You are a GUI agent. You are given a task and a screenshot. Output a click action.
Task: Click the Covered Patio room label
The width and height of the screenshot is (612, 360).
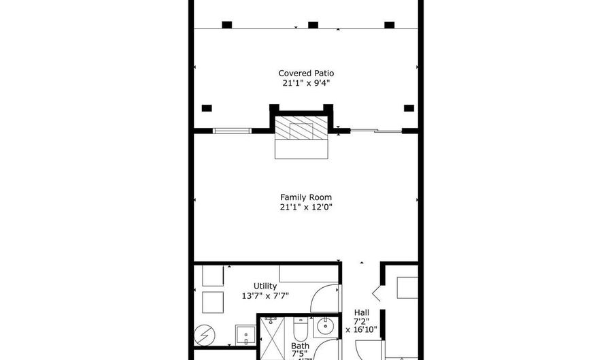click(306, 73)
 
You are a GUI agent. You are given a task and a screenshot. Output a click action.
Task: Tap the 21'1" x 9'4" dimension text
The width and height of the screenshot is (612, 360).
click(306, 83)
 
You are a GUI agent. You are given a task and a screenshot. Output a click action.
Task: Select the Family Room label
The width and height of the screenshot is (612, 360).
click(306, 197)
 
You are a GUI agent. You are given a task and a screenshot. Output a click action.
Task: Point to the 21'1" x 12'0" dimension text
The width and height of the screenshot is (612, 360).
click(306, 207)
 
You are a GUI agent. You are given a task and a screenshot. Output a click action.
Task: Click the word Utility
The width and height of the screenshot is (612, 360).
click(265, 286)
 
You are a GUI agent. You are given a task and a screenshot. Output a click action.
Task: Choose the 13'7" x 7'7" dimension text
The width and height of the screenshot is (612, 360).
click(265, 296)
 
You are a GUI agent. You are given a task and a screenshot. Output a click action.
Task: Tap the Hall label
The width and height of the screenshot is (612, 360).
click(361, 312)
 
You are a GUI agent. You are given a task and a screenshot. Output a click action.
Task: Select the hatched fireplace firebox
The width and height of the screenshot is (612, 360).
click(301, 127)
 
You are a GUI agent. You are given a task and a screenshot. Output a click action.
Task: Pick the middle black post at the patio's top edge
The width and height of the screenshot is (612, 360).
click(313, 25)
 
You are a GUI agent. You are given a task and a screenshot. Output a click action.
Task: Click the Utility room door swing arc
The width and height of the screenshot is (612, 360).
click(324, 298)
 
